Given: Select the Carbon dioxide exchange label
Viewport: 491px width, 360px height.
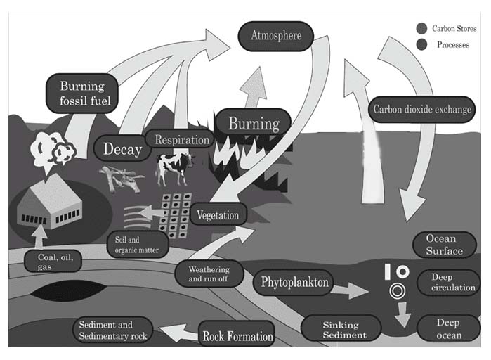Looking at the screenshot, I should [x=422, y=110].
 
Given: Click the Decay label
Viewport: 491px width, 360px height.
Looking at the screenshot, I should [x=122, y=149].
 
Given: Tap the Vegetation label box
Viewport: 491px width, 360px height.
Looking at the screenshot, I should [x=218, y=215].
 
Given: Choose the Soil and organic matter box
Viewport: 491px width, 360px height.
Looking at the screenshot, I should [x=136, y=243].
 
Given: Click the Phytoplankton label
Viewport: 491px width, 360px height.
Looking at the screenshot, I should [x=294, y=283].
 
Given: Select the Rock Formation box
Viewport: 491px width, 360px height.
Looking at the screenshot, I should [x=237, y=336].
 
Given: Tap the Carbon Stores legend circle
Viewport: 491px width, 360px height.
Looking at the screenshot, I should [x=421, y=29].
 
